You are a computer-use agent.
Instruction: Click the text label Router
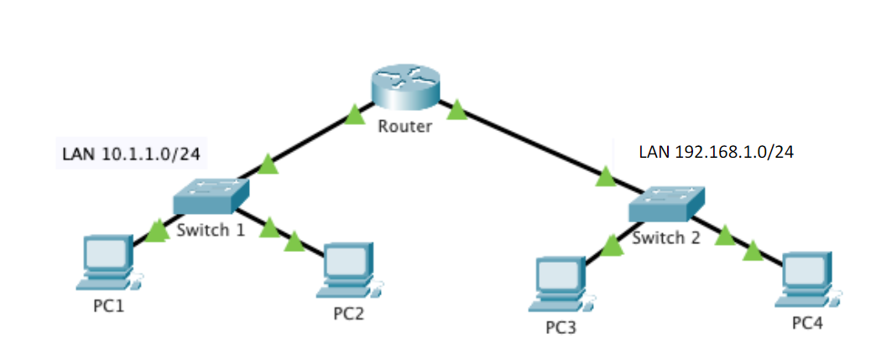pyautogui.click(x=404, y=128)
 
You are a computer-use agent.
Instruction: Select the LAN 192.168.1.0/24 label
pyautogui.click(x=716, y=152)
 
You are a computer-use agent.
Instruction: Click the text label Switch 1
pyautogui.click(x=211, y=229)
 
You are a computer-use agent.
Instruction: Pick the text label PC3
pyautogui.click(x=560, y=326)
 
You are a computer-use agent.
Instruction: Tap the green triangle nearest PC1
pyautogui.click(x=158, y=228)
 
